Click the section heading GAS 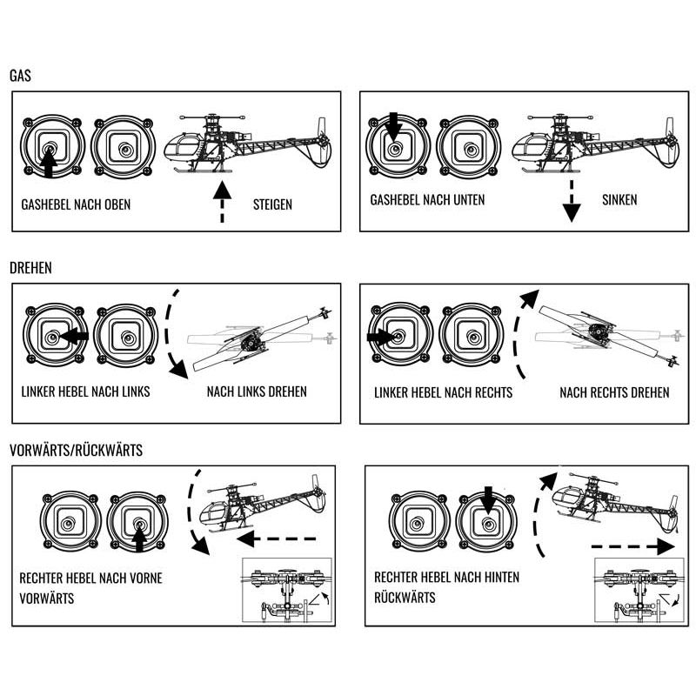tap(21, 76)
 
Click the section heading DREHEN tap(31, 267)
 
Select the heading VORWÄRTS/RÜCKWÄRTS tap(77, 451)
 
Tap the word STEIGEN tap(272, 205)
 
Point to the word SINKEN tap(619, 200)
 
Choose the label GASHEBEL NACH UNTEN tap(427, 200)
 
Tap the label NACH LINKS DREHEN tap(257, 391)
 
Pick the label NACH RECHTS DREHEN tap(614, 392)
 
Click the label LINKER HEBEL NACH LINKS tap(85, 391)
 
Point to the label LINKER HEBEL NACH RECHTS tap(443, 392)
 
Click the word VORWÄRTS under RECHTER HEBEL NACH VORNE tap(46, 599)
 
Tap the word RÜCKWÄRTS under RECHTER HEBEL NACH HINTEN tap(405, 598)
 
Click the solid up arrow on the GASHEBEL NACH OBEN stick tap(49, 161)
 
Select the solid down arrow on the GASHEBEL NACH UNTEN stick tap(392, 130)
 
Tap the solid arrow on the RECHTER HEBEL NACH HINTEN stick tap(487, 500)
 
